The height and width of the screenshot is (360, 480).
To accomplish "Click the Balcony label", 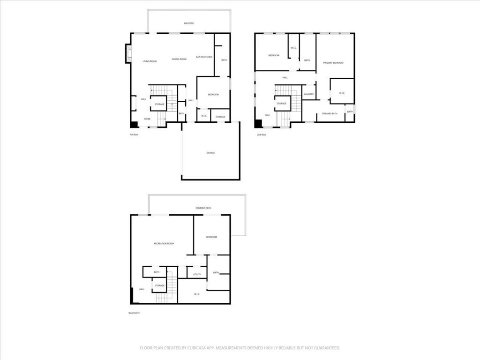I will coord(188,23).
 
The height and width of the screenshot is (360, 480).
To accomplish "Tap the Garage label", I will coord(210,153).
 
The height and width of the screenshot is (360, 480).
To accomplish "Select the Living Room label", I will coord(150,61).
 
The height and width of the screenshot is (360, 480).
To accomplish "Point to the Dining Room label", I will coord(179,59).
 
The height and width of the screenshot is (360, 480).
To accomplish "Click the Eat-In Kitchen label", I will coord(204,57).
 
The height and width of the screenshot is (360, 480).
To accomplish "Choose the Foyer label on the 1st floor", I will coord(147,119).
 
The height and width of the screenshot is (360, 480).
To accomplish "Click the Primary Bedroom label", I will coord(333,63).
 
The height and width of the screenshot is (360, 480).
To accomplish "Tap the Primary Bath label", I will coord(330,113).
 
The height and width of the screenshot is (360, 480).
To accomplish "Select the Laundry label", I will coord(308,94).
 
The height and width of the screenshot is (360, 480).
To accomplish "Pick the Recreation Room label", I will coord(164,244).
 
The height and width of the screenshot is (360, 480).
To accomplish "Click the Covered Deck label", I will coord(203,208).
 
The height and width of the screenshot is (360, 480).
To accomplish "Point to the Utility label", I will coord(197,274).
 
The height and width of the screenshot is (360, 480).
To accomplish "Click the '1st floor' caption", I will coord(134,135).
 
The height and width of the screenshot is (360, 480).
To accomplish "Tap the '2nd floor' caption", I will coord(261,135).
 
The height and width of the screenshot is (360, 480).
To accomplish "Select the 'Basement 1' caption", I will coord(135,313).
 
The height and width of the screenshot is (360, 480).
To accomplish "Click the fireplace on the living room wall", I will coord(127,53).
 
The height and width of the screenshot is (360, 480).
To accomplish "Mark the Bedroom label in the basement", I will coord(211,237).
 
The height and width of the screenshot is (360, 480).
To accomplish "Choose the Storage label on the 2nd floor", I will coord(281,104).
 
